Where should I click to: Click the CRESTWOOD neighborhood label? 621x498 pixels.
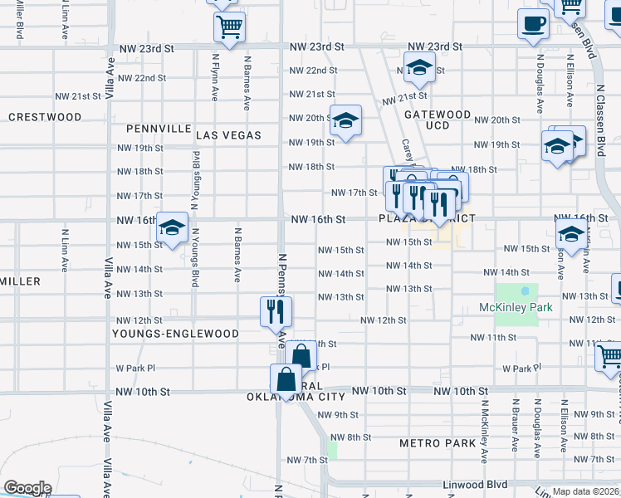coord(45,117)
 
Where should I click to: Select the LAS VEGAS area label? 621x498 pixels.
coord(228,134)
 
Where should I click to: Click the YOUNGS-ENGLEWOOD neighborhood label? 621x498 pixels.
coord(177,334)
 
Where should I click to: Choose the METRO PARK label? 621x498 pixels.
coord(438,443)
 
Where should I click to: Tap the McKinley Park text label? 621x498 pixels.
coord(516,308)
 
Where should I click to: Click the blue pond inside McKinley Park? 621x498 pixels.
coord(525,292)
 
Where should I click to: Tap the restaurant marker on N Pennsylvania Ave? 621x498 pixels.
coord(275,312)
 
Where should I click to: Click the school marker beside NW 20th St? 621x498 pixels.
coord(345,121)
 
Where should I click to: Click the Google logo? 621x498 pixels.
coord(27,488)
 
